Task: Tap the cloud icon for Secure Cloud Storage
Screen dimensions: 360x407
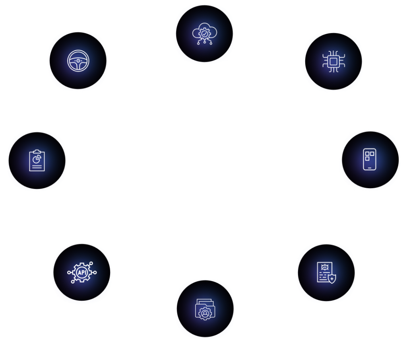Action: click(204, 34)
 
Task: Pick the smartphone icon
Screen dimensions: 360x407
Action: click(370, 160)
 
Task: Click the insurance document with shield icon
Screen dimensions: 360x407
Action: click(326, 272)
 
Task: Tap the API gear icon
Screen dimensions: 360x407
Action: click(82, 272)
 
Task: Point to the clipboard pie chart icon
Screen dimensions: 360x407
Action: click(37, 161)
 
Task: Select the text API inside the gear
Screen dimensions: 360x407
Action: click(82, 272)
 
